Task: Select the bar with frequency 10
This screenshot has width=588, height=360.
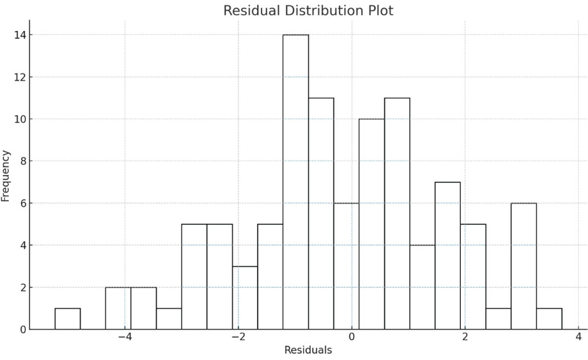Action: [x=372, y=224]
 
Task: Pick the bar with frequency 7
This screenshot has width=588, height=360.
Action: [x=448, y=255]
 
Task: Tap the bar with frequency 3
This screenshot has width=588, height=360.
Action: [x=245, y=298]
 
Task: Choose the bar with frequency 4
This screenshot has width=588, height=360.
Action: [x=423, y=287]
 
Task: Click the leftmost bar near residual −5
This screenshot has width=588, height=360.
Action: [x=67, y=318]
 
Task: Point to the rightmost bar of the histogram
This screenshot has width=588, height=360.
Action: [x=549, y=318]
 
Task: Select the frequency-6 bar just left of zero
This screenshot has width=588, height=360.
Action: [x=346, y=266]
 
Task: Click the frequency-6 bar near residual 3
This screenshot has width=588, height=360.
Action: [x=524, y=266]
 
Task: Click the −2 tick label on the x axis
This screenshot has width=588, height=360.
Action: [x=238, y=337]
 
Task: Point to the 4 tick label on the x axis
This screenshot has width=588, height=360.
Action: [x=578, y=337]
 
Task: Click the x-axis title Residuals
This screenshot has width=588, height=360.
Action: [x=308, y=350]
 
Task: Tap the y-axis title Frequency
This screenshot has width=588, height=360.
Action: [x=6, y=175]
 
